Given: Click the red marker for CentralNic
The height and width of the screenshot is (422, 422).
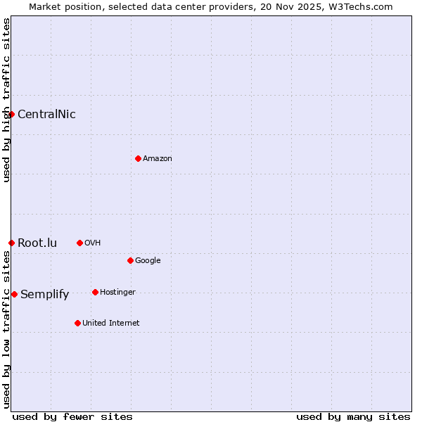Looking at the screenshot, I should tap(11, 114).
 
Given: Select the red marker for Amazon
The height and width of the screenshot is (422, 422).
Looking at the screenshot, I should tap(138, 158).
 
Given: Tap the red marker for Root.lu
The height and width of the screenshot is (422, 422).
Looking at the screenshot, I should tap(11, 243).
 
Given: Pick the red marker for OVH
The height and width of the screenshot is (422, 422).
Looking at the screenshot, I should tap(79, 243).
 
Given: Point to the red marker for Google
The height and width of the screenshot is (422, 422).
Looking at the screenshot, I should tap(130, 260).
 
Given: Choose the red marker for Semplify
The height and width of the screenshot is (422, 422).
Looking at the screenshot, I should tap(14, 294).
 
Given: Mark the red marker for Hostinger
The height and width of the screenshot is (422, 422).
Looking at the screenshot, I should tap(95, 292).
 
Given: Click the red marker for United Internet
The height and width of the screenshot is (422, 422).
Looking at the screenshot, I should tap(77, 323).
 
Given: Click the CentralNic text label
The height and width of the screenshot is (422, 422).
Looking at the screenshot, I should tap(46, 115).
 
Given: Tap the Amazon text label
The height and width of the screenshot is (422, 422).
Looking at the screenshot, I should tap(158, 159).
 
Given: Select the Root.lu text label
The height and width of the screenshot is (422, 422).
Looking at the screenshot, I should tap(37, 243).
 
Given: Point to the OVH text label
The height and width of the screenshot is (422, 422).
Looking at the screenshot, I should tap(93, 243).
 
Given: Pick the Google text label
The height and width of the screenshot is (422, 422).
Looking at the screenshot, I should tap(148, 261).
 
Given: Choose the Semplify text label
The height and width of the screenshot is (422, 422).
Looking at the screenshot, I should tap(44, 295).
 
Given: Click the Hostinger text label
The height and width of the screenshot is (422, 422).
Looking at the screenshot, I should tap(117, 293).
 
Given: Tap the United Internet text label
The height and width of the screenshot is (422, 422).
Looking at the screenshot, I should tap(111, 324).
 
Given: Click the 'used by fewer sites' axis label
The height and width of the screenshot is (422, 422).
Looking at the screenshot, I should tap(72, 416).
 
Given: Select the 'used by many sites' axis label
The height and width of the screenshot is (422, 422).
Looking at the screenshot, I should tap(353, 416).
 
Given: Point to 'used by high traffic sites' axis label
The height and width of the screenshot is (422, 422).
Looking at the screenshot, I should tap(6, 100).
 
